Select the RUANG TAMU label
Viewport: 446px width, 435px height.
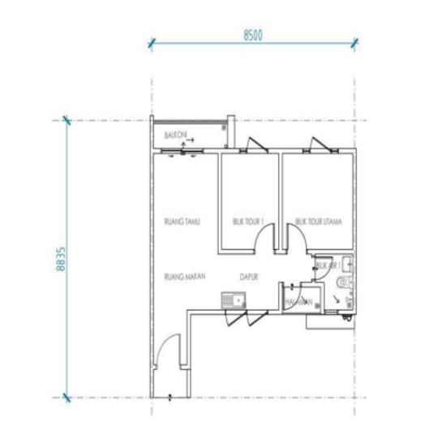[182, 221]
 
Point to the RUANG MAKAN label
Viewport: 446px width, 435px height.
[184, 277]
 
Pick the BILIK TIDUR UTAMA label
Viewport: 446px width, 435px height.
[317, 221]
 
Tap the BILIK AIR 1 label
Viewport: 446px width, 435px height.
[325, 265]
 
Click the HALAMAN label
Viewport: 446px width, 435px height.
[298, 302]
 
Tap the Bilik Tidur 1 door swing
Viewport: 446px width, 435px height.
[265, 239]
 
